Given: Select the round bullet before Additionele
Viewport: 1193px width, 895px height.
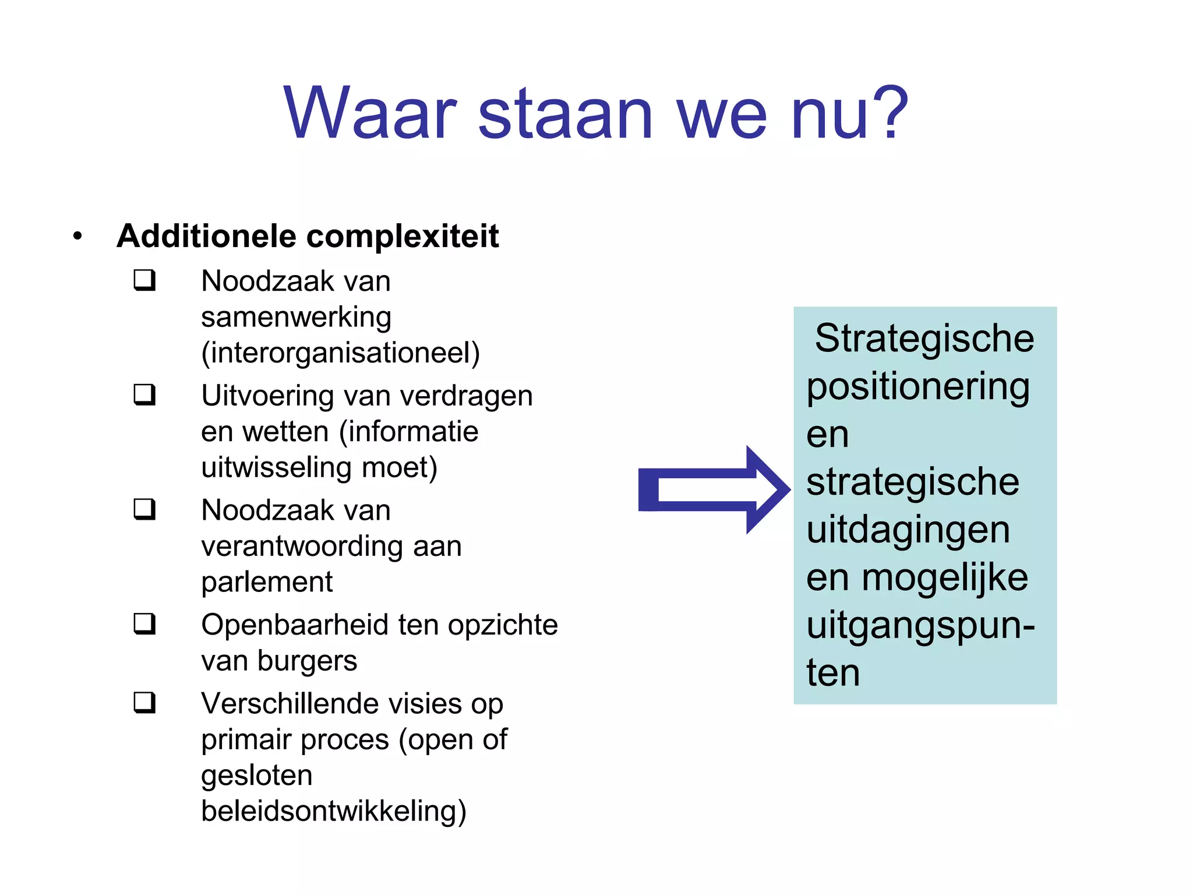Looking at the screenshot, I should (77, 236).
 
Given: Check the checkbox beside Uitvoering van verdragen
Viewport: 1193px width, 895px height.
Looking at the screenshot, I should (144, 394).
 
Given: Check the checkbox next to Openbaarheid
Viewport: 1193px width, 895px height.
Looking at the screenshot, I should (144, 623).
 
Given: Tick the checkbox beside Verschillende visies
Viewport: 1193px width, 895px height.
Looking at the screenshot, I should (144, 702).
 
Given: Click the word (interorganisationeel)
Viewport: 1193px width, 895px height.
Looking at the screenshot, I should (340, 353).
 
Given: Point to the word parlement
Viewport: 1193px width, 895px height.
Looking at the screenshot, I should (267, 582).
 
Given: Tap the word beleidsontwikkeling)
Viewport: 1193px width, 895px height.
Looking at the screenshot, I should (333, 811).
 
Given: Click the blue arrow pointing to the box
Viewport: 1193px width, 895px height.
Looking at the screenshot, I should (713, 489).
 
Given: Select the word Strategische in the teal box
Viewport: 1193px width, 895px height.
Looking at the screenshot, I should (924, 339).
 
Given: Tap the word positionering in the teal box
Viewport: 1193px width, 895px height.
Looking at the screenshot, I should (918, 387).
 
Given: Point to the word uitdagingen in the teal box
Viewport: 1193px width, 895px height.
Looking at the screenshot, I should (908, 531).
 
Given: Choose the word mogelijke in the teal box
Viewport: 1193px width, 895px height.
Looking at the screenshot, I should (944, 579).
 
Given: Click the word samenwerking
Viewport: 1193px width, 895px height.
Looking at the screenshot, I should (296, 318).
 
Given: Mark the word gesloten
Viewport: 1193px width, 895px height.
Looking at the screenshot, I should (256, 776).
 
